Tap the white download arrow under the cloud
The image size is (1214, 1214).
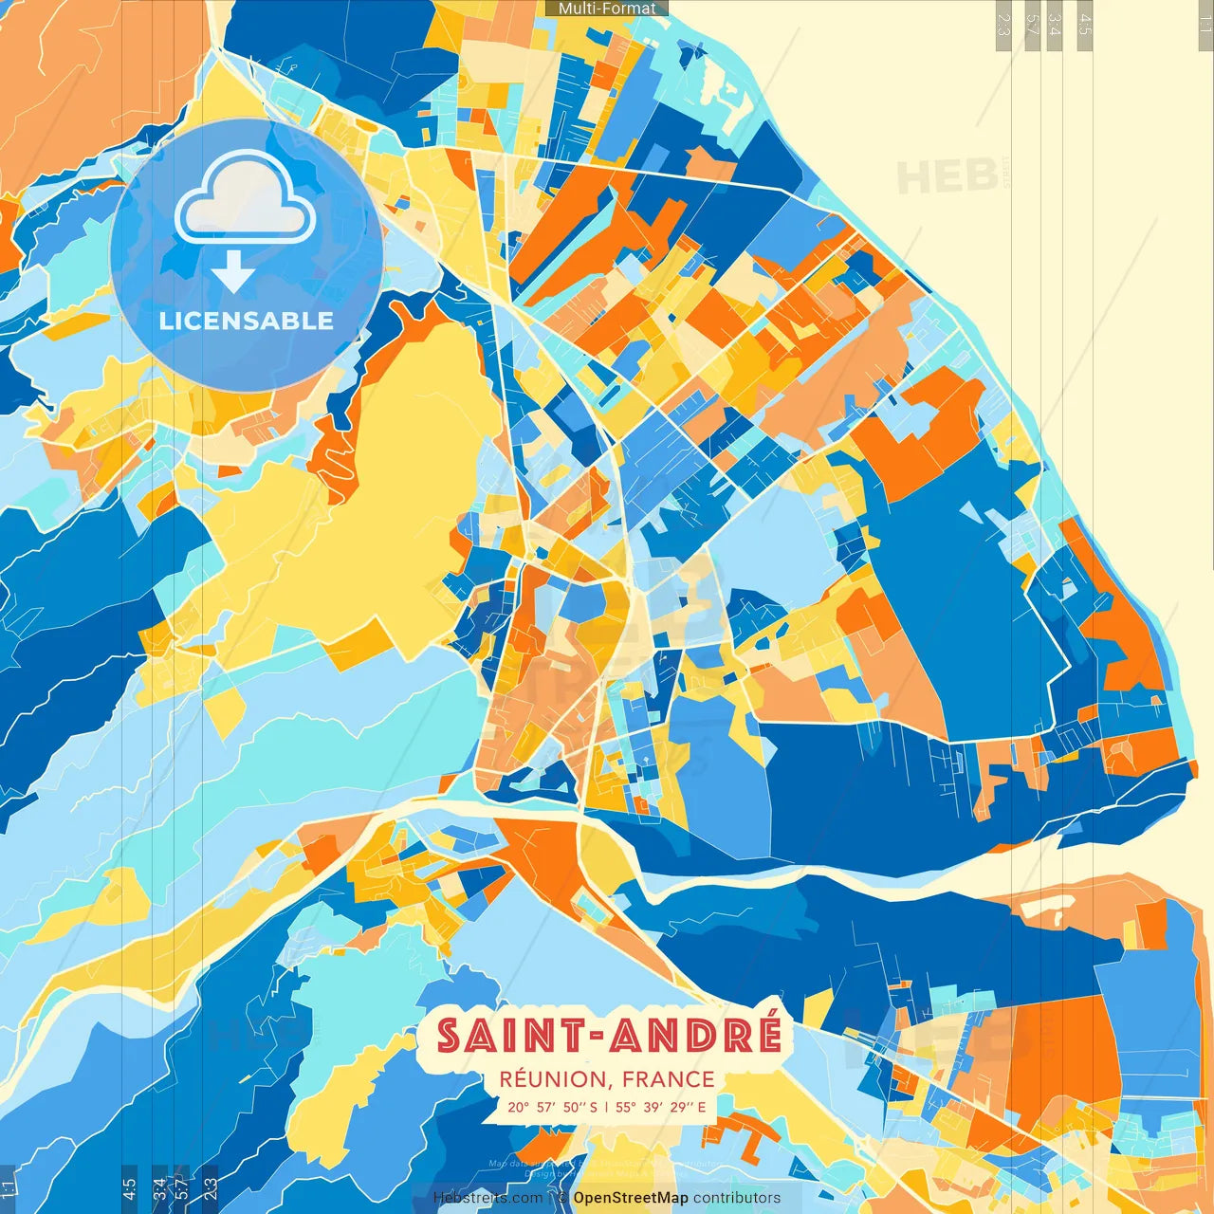pos(233,272)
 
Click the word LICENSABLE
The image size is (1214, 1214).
pos(246,321)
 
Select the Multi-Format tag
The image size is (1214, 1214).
pos(607,9)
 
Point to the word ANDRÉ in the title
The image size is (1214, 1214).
pos(696,1036)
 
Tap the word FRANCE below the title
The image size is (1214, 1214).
pos(670,1079)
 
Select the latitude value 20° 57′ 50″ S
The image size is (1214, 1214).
pos(552,1107)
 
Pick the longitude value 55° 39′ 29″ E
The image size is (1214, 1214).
pos(660,1107)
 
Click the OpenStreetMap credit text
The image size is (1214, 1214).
pos(630,1198)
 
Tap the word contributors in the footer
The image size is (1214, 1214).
pos(737,1198)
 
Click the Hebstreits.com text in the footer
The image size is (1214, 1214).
pos(487,1198)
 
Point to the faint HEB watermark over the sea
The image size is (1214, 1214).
pos(947,177)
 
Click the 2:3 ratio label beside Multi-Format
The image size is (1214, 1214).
pos(1003,24)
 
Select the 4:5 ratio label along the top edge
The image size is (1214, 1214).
pos(1085,24)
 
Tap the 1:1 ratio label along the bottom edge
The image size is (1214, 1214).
pos(8,1186)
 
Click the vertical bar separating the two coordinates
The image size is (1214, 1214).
pos(606,1107)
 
